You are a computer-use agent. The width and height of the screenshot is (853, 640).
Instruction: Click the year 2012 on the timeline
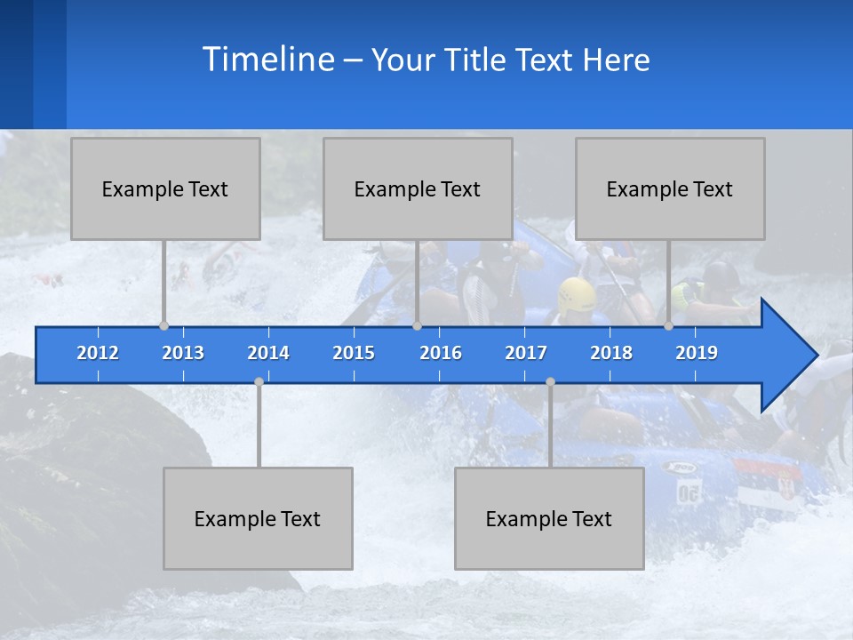coord(98,353)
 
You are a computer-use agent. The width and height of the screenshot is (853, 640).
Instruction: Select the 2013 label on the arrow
coord(183,353)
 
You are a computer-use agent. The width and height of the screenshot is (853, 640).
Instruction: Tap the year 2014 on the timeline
coord(268,353)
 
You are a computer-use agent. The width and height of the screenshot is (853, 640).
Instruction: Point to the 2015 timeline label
coord(354,353)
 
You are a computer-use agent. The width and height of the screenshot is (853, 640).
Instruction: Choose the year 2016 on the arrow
coord(441,353)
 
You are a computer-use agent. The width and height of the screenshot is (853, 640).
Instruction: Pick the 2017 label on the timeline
coord(526,353)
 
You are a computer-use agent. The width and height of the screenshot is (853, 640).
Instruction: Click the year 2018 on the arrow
coord(611,353)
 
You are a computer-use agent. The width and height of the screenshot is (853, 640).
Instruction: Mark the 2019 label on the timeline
coord(697,353)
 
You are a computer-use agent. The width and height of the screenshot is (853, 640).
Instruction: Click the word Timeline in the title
coord(267,60)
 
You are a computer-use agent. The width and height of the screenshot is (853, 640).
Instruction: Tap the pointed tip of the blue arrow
coord(816,356)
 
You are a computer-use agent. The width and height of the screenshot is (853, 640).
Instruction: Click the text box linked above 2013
coord(165,188)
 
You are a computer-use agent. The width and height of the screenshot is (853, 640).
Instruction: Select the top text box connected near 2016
coord(418,188)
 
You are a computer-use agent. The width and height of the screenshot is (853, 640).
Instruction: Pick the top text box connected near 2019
coord(670,188)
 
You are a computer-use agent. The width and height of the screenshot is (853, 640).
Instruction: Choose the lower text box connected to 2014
coord(258,518)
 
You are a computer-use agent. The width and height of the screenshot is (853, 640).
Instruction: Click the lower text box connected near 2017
coord(549,518)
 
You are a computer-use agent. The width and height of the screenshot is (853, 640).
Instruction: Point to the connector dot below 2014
coord(259,381)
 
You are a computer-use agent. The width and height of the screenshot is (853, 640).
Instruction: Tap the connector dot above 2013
coord(163,325)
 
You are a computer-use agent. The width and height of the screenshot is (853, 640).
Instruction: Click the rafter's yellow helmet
coord(577,294)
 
